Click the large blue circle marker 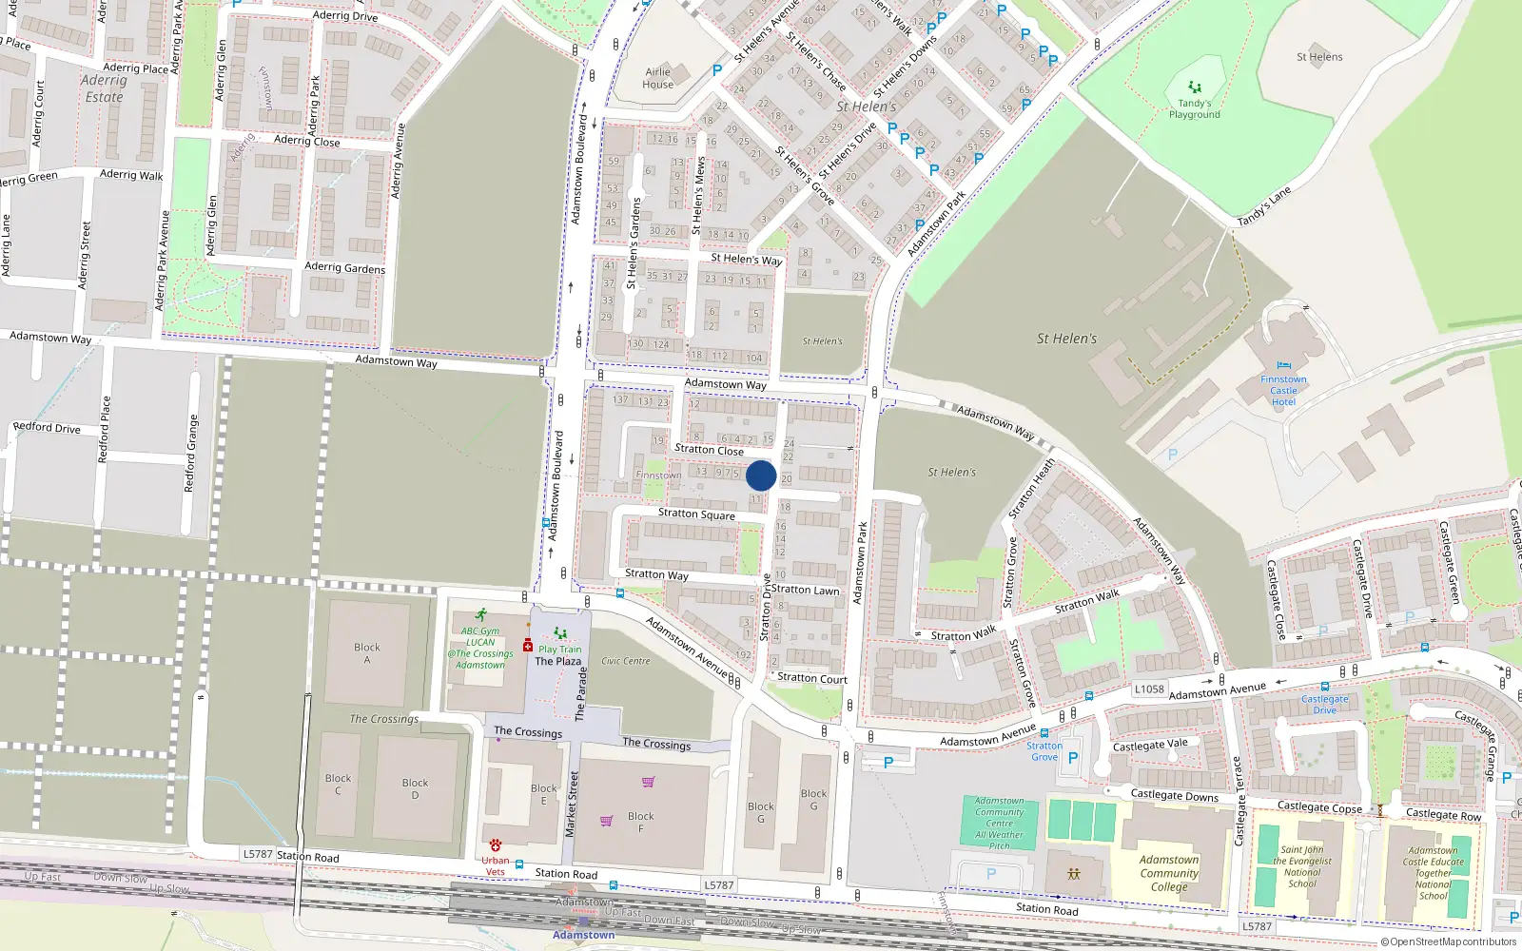[761, 475]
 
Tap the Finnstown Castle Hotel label [1283, 390]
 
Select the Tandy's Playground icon [1195, 87]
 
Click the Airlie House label [658, 78]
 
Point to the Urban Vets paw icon [496, 845]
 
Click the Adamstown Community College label [1169, 873]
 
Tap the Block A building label [366, 653]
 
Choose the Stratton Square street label [696, 514]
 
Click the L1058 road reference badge [1149, 689]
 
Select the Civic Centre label [626, 661]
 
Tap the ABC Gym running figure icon [481, 615]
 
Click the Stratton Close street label [709, 450]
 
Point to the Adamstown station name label [583, 935]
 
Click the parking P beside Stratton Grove [1073, 758]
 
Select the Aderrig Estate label [104, 88]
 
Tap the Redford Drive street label [47, 428]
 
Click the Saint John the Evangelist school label [1302, 866]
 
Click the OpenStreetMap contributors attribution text [1448, 941]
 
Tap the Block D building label [415, 788]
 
